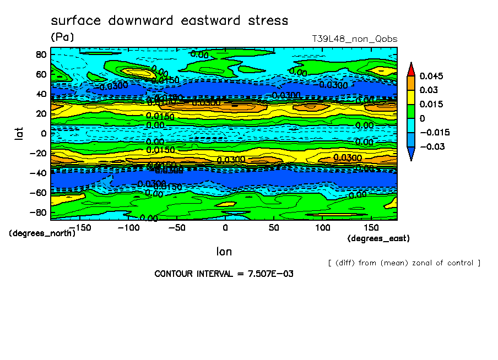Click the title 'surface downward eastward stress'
pos(169,21)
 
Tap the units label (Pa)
pos(62,37)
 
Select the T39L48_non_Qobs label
pos(354,39)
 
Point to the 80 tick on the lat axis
pos(41,54)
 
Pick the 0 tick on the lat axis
pos(44,133)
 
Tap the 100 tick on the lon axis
pos(323,227)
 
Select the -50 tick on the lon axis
pos(176,227)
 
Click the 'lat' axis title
pos(20,133)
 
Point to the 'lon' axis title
pos(224,252)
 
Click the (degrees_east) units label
pos(378,238)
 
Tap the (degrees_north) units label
pos(42,233)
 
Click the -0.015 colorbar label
pos(435,133)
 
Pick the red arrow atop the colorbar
pos(411,69)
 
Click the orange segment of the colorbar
pos(411,83)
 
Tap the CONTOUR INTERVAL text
pos(224,274)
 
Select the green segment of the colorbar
pos(411,111)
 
